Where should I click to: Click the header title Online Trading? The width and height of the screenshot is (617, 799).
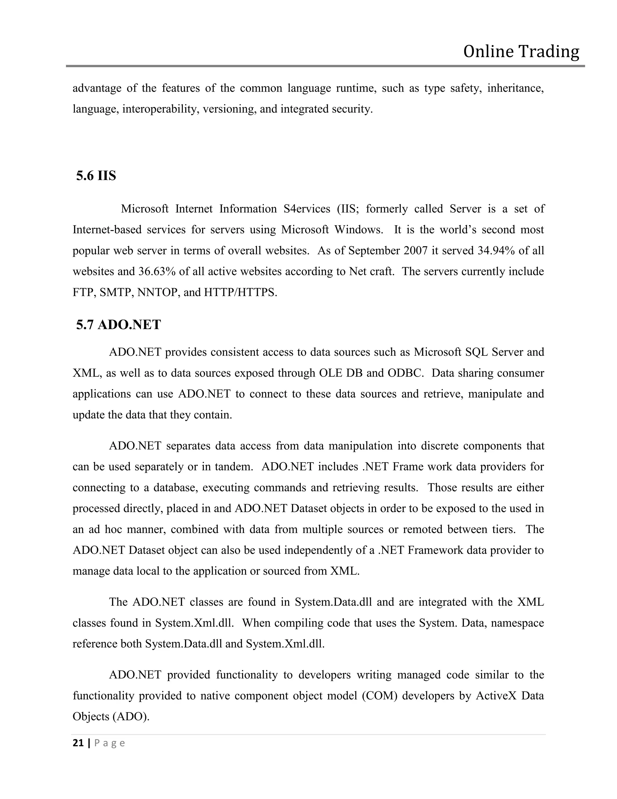point(521,52)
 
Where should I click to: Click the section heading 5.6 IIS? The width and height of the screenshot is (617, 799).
point(96,176)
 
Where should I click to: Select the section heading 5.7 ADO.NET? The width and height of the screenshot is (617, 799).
point(118,325)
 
